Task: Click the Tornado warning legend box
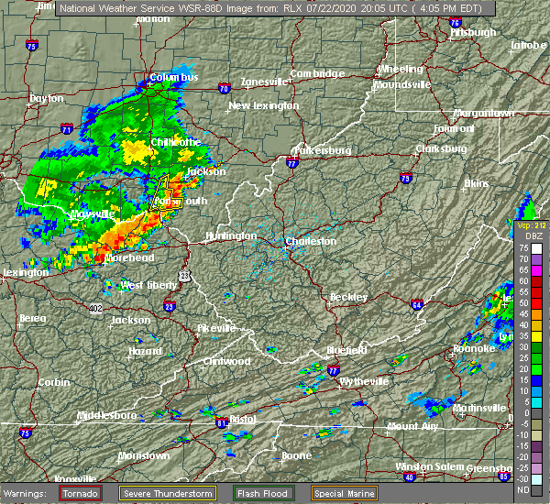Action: pyautogui.click(x=81, y=493)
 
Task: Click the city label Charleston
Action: pyautogui.click(x=313, y=242)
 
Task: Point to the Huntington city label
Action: pyautogui.click(x=231, y=236)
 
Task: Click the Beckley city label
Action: pyautogui.click(x=349, y=297)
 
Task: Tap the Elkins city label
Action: pyautogui.click(x=477, y=184)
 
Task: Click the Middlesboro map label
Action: pyautogui.click(x=106, y=415)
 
